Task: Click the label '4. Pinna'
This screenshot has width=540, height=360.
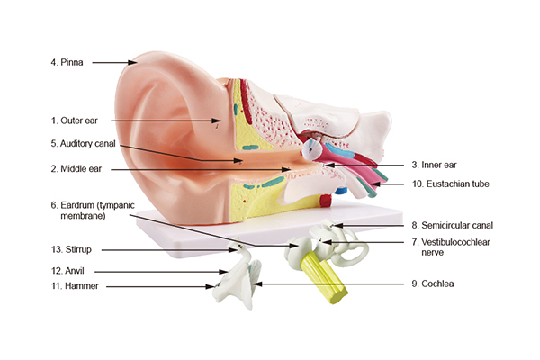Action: (67, 62)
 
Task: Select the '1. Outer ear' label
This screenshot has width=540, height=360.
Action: (75, 121)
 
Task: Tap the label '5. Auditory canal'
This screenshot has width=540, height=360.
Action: (84, 144)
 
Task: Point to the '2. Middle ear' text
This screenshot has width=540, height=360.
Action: (76, 169)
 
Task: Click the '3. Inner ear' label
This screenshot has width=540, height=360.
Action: (434, 165)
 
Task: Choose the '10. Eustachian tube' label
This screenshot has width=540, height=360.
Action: (451, 184)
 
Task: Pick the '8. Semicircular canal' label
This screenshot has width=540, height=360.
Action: (453, 225)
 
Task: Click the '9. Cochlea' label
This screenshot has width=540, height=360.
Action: (433, 283)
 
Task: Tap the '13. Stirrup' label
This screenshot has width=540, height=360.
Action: (71, 249)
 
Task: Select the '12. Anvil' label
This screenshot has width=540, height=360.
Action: (67, 271)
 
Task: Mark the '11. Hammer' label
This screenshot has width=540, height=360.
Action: (75, 286)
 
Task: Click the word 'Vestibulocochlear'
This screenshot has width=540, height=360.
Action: (455, 242)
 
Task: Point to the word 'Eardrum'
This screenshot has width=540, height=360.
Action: (77, 205)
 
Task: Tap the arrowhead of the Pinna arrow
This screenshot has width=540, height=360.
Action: (132, 62)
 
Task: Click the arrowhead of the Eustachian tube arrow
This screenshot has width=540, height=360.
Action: (376, 184)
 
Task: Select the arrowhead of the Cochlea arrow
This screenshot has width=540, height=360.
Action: (257, 284)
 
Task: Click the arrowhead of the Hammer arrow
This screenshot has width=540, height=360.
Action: (210, 286)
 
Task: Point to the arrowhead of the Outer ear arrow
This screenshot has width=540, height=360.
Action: (216, 121)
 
